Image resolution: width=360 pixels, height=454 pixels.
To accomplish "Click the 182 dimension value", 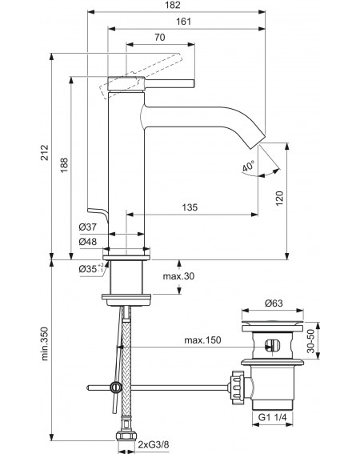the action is [174, 5].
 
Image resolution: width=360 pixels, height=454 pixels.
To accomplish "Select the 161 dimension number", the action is [183, 22].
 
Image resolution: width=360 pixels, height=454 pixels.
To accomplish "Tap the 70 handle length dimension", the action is [160, 38].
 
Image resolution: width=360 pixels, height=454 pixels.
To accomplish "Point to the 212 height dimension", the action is [44, 153].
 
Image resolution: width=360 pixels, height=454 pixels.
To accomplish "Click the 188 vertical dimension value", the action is [64, 165].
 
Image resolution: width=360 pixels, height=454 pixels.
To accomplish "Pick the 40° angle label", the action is [248, 167].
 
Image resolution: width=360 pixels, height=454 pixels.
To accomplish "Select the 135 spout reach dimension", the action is [190, 207].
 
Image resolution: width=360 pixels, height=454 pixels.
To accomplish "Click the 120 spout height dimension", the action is [279, 199].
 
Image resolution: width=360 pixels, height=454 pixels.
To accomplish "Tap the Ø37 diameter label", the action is [88, 227].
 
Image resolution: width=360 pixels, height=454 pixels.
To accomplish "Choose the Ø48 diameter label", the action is [88, 242].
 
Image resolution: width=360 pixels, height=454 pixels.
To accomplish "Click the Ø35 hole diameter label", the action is [91, 269].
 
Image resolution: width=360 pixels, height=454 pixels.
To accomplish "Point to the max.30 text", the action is [178, 276].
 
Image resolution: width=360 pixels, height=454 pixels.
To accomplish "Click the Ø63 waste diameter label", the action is [274, 303].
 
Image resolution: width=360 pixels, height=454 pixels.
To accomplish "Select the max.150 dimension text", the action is [202, 340].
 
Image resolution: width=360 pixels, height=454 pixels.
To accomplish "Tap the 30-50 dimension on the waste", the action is [310, 341].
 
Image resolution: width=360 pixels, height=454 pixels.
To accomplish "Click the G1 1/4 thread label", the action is [272, 417].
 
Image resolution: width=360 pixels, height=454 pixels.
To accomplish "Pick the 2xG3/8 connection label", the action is [153, 444].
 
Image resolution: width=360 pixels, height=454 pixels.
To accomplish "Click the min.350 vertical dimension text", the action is [44, 344].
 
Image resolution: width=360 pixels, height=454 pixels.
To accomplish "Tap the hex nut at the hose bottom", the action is [126, 436].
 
